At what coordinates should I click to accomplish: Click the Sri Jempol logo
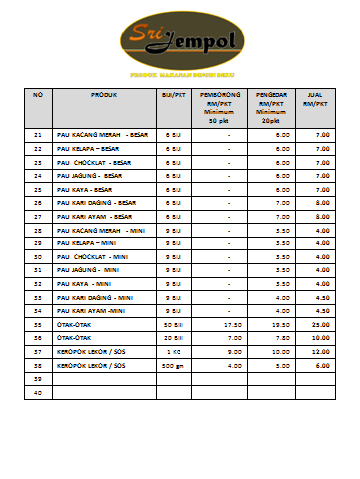(x=180, y=42)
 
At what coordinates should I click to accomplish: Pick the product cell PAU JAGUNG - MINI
(x=91, y=270)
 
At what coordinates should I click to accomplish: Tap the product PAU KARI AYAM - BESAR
(x=96, y=216)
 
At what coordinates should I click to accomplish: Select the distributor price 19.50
(x=281, y=325)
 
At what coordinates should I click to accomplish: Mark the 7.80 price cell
(x=282, y=338)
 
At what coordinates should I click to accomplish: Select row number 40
(x=38, y=393)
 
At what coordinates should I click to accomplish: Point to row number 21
(x=38, y=134)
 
